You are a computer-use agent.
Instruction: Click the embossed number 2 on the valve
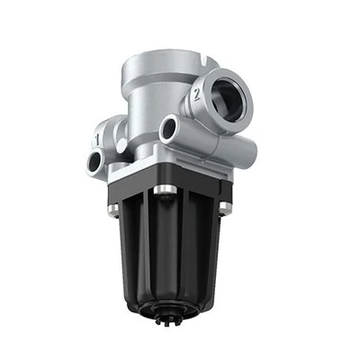(196, 94)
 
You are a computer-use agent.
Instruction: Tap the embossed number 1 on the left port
(97, 139)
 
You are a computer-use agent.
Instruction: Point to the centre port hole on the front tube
(168, 129)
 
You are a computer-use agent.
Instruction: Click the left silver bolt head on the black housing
(113, 208)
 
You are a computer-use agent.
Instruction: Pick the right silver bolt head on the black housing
(224, 205)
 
